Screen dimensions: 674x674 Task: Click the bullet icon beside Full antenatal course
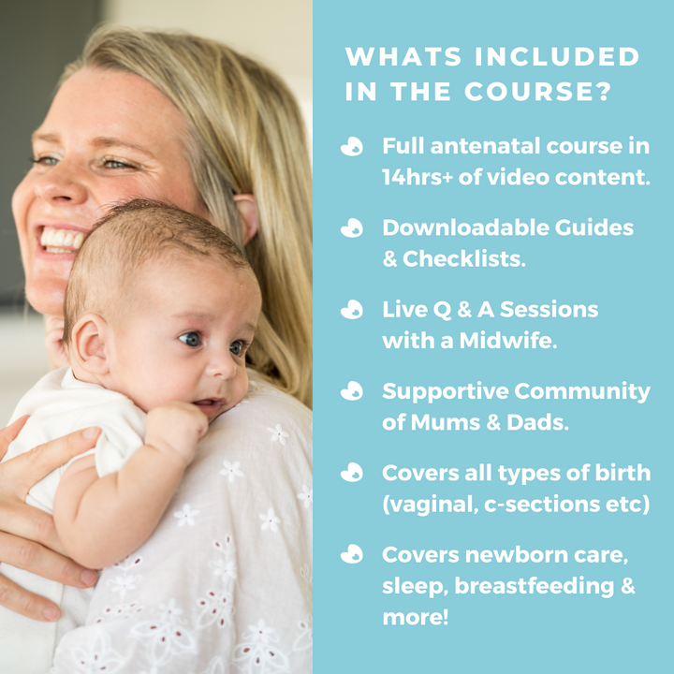coord(352,147)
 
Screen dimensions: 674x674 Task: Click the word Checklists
coord(464,259)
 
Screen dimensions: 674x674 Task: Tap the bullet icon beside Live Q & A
coord(352,310)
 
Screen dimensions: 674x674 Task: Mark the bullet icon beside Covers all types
coord(352,473)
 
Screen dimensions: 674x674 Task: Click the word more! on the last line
coord(415,618)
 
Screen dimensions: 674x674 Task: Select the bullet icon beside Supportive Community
coord(352,391)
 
